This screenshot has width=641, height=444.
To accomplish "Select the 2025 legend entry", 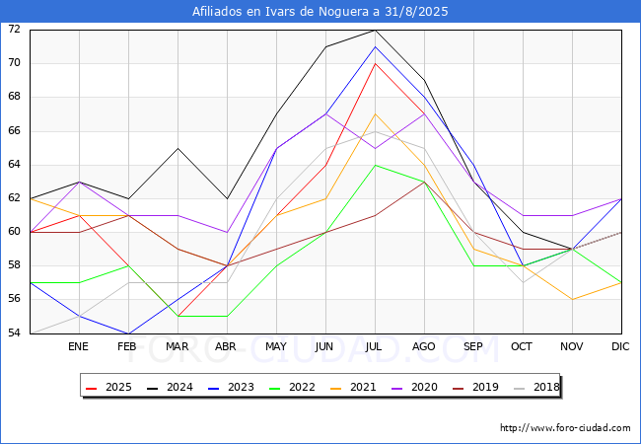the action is (x=109, y=387).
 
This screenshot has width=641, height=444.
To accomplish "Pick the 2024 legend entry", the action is (x=170, y=387).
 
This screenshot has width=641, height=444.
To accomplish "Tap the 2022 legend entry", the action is (x=292, y=387).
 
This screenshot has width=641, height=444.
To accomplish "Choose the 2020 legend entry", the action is (x=414, y=387).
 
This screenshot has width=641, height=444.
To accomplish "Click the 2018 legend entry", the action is (x=536, y=387).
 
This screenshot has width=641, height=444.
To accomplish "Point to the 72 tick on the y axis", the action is (x=14, y=29).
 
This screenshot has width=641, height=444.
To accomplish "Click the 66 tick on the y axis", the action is (x=14, y=131).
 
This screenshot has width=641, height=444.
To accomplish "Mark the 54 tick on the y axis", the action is (x=14, y=333).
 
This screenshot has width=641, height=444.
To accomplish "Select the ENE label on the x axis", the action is (x=78, y=346).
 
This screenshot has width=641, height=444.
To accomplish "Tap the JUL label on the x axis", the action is (x=374, y=346).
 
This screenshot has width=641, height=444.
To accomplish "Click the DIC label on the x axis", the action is (x=620, y=346).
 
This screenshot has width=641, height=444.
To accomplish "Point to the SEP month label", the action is (x=473, y=346).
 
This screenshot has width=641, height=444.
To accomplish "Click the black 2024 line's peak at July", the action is (x=376, y=31).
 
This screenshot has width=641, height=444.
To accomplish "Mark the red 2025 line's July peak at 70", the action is (x=376, y=64).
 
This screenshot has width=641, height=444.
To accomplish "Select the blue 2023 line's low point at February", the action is (x=129, y=333).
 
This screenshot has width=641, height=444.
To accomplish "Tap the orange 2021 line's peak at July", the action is (x=376, y=114).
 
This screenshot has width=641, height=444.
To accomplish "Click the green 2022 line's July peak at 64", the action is (x=376, y=165).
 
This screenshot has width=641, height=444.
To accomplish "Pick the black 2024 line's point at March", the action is (x=178, y=148).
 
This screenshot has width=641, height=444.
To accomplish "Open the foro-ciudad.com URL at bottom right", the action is (x=565, y=428).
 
